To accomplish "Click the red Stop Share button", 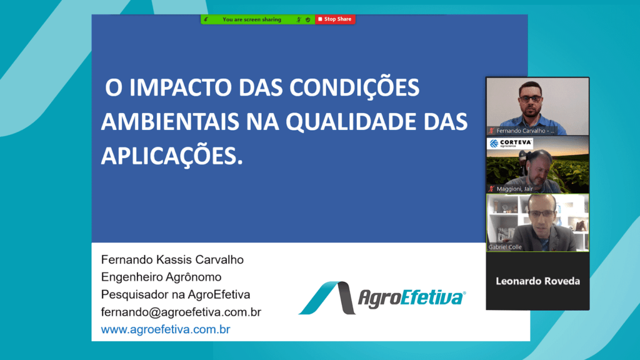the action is (335, 19).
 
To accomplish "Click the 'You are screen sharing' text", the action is (252, 19).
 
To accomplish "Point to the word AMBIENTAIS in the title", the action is (170, 122).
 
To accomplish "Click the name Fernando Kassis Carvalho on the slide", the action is (172, 259).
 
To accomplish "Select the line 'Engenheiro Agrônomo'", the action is (161, 277).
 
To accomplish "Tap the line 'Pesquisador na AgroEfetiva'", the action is (176, 294).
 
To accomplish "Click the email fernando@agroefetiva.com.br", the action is (181, 312).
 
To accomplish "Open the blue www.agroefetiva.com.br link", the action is (165, 329).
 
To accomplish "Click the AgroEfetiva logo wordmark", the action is (412, 297).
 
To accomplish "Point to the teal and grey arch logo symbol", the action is (327, 297).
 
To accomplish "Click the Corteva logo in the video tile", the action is (511, 143).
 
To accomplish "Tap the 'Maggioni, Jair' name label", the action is (514, 189).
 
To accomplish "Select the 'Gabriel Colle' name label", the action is (505, 247).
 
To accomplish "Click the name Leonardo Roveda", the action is (537, 281).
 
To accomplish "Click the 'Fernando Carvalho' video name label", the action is (525, 131).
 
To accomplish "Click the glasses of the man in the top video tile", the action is (531, 99).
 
